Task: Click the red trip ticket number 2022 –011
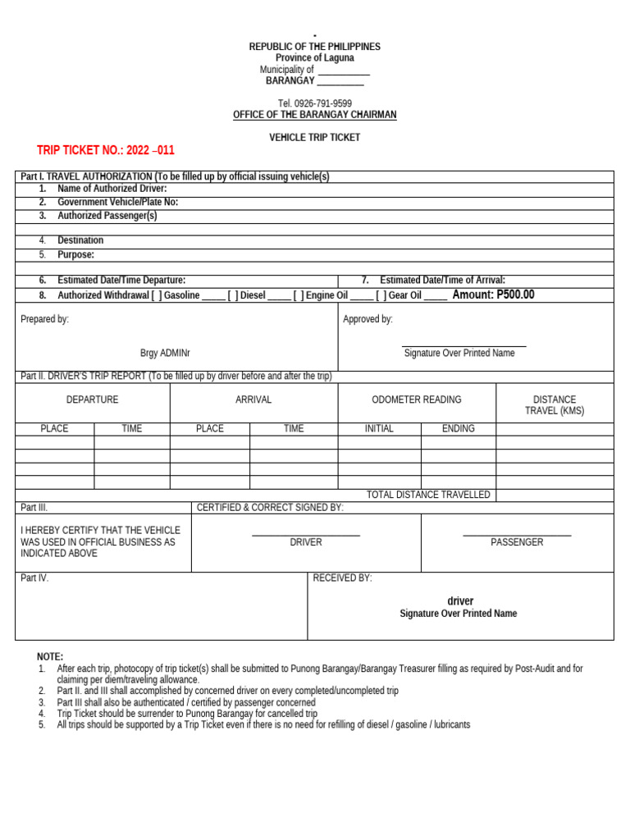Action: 106,150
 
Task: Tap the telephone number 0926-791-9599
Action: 315,103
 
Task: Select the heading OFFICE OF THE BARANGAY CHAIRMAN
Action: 315,115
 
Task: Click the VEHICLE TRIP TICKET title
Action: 315,137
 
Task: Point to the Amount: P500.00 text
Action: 493,294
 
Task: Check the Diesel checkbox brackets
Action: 233,295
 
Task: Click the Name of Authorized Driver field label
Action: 112,189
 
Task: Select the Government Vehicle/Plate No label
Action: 117,202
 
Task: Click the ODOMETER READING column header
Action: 417,399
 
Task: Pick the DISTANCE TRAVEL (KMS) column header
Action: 555,405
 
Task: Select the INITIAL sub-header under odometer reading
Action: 379,428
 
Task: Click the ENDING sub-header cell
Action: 458,428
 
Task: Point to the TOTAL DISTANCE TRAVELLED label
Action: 428,495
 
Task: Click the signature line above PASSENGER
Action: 517,536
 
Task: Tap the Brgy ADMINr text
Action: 165,353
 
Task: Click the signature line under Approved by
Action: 464,346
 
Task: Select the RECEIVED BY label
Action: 342,578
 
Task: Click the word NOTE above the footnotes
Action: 50,657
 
